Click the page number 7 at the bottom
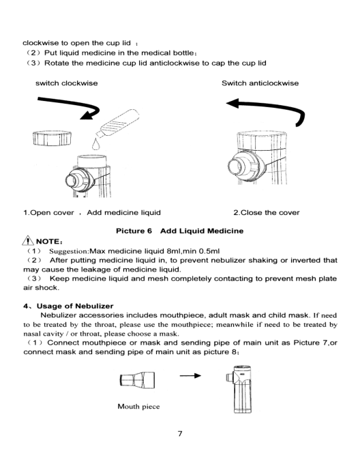tap(180, 433)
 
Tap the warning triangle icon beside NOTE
tap(28, 241)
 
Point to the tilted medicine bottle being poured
tap(118, 123)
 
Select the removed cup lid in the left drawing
tap(52, 138)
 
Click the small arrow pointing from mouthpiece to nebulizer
tap(190, 375)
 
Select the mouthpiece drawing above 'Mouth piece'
tap(137, 380)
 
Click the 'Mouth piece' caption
tap(138, 406)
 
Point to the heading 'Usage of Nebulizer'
tap(75, 306)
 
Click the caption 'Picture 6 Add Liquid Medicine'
tap(179, 231)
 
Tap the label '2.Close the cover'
tap(267, 213)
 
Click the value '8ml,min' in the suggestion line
tap(181, 251)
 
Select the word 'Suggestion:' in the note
tap(69, 251)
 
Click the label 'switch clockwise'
tap(67, 83)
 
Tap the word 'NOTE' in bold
tap(48, 242)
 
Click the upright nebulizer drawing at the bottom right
tap(239, 389)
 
